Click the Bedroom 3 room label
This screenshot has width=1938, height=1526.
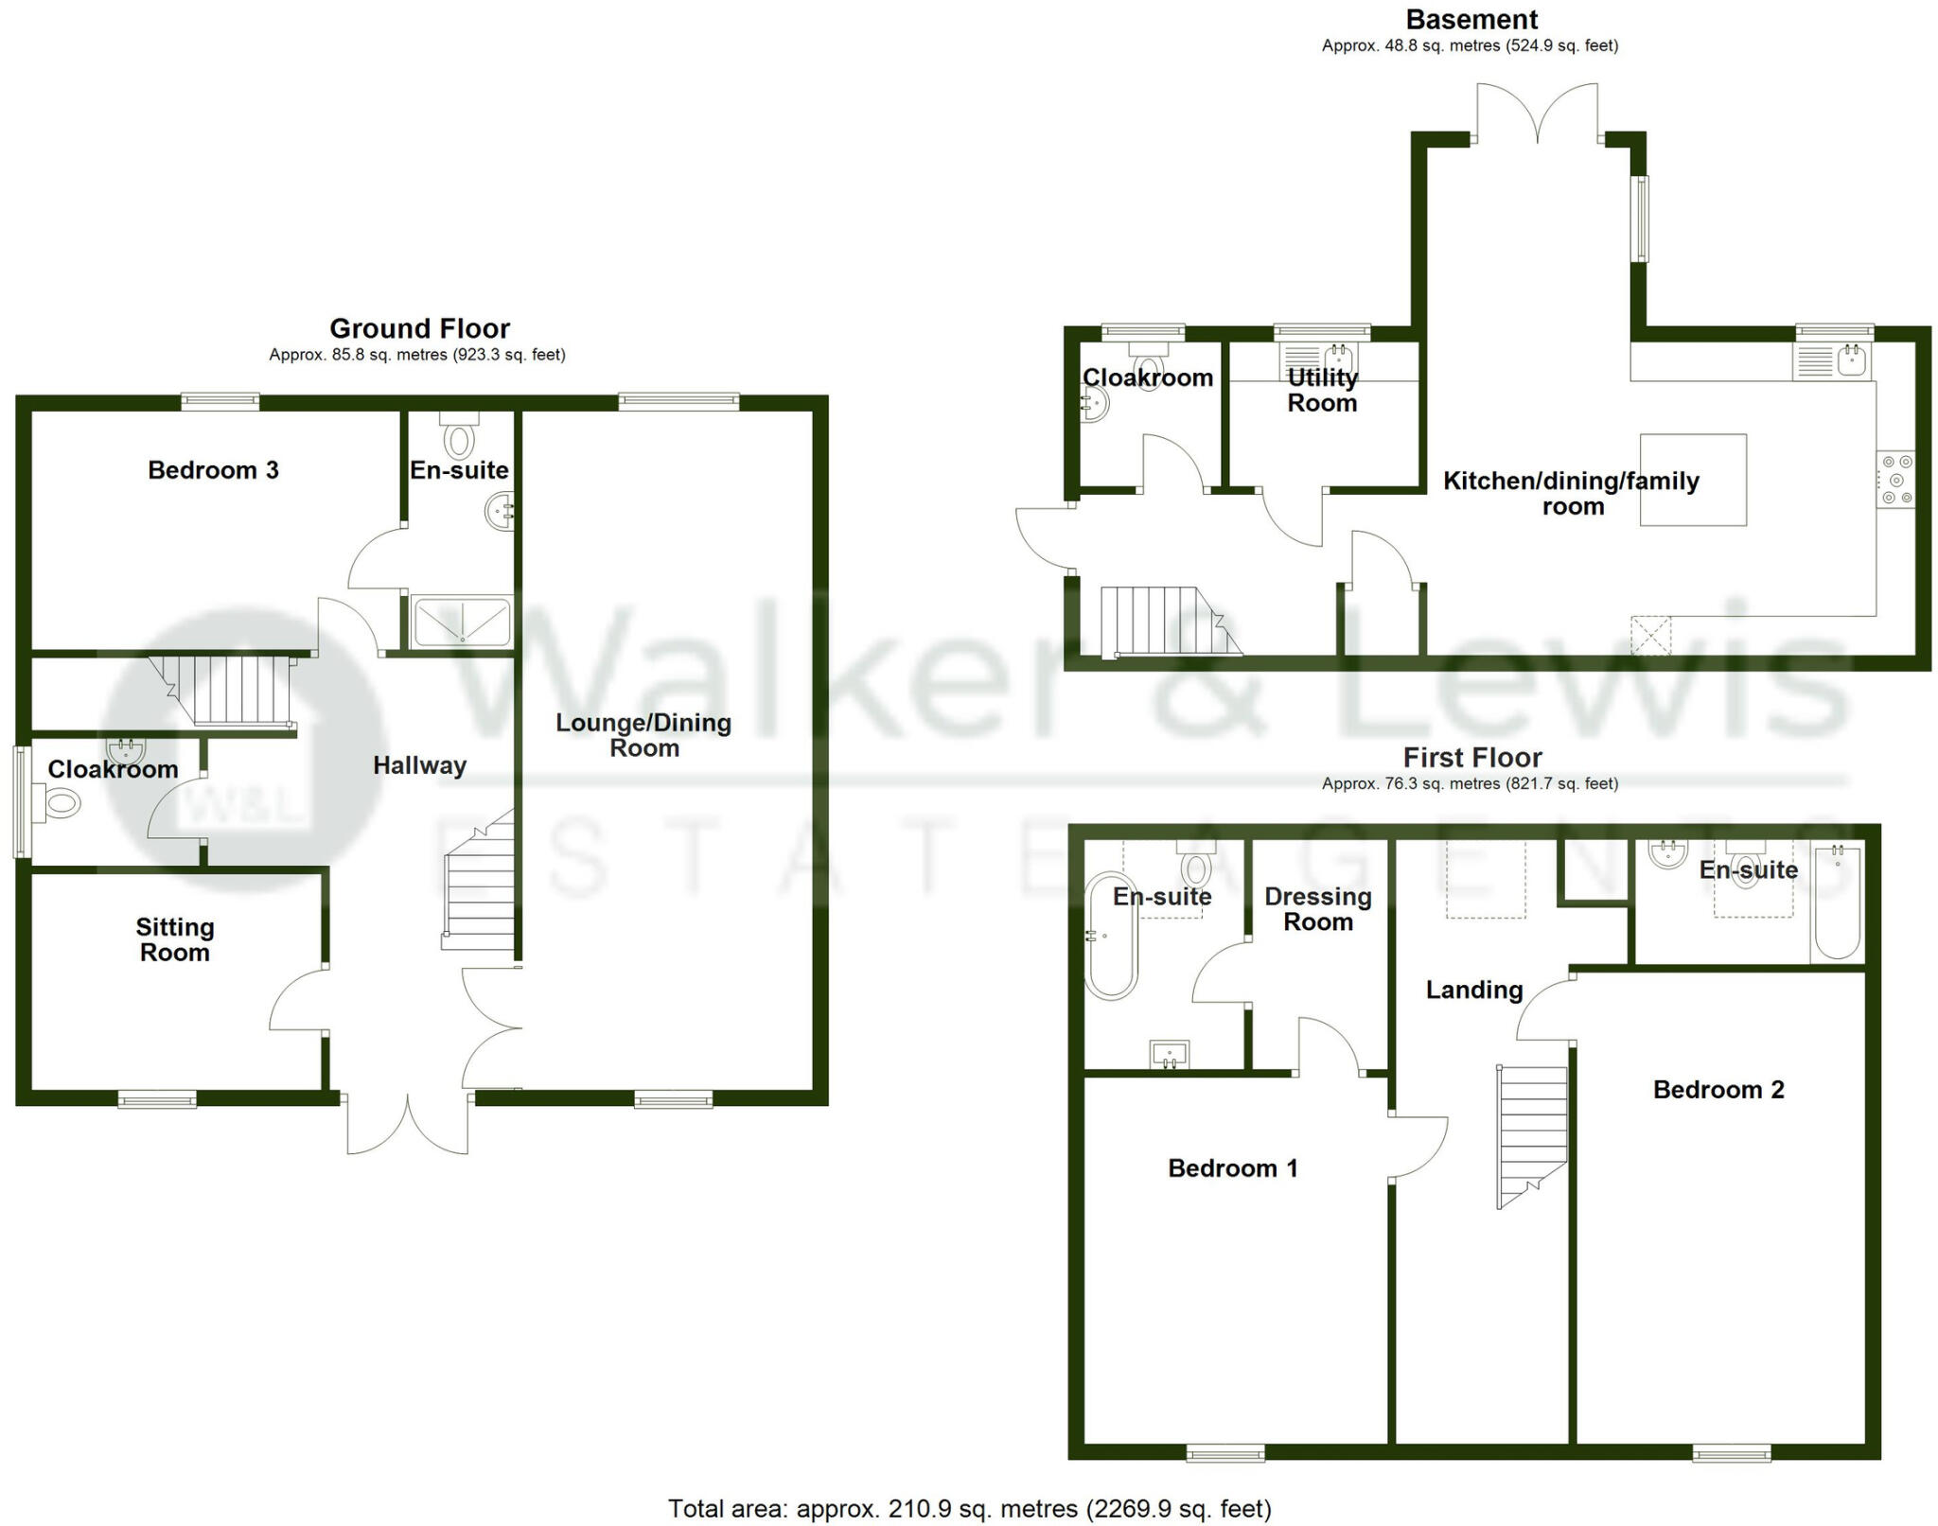[213, 470]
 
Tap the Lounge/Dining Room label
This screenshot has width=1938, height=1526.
[643, 735]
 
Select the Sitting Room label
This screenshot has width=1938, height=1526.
[175, 939]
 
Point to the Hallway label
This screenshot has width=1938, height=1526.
[419, 765]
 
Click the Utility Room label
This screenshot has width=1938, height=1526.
[1322, 390]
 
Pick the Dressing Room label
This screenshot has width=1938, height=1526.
[1317, 909]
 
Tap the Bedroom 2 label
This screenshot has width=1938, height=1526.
[1718, 1090]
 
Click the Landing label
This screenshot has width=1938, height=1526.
[1473, 990]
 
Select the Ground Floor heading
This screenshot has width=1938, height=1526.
[419, 328]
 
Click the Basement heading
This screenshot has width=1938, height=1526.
[1471, 19]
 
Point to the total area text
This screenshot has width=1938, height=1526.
[969, 1508]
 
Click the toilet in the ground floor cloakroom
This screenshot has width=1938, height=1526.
[62, 805]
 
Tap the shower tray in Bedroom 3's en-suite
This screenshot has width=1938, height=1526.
[463, 623]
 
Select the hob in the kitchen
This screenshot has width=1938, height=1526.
[1895, 479]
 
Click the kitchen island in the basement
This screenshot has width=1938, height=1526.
[1692, 479]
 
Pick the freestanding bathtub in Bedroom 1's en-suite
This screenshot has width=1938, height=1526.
[1110, 936]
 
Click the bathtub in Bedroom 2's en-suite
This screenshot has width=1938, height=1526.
[1837, 904]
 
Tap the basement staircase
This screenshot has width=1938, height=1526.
[1163, 621]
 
